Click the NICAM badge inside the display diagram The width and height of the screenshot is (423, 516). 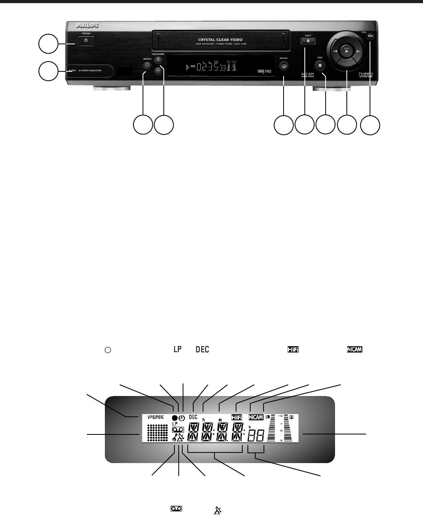pyautogui.click(x=256, y=418)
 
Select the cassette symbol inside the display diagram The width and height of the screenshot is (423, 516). pyautogui.click(x=178, y=430)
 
